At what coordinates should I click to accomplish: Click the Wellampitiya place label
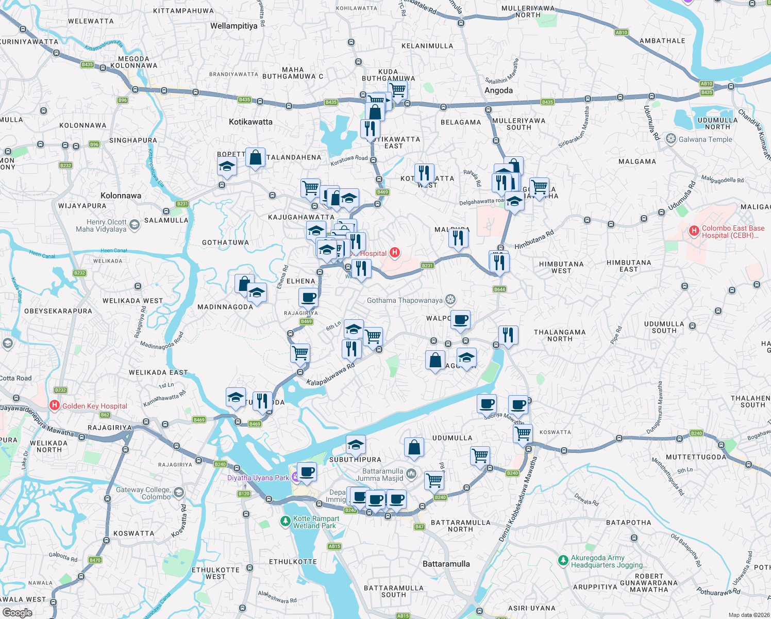click(233, 26)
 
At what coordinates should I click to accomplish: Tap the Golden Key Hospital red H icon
click(55, 405)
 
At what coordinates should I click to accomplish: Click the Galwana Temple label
click(705, 139)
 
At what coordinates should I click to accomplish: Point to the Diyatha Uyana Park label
click(258, 478)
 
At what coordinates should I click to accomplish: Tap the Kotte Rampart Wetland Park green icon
click(285, 522)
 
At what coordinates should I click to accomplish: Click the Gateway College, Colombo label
click(143, 493)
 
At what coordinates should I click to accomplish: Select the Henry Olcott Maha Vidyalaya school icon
click(135, 225)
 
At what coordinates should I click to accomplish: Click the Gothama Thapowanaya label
click(405, 300)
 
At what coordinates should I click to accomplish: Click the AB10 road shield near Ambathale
click(621, 32)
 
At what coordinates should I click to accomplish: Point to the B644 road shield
click(499, 289)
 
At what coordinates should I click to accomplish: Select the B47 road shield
click(420, 527)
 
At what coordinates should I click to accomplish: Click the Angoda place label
click(498, 90)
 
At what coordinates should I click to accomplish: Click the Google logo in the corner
click(17, 612)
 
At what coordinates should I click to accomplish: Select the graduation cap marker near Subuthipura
click(356, 444)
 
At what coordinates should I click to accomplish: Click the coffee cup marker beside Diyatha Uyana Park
click(307, 471)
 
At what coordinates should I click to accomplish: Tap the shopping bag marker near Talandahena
click(255, 157)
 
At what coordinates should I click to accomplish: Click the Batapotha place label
click(628, 523)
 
